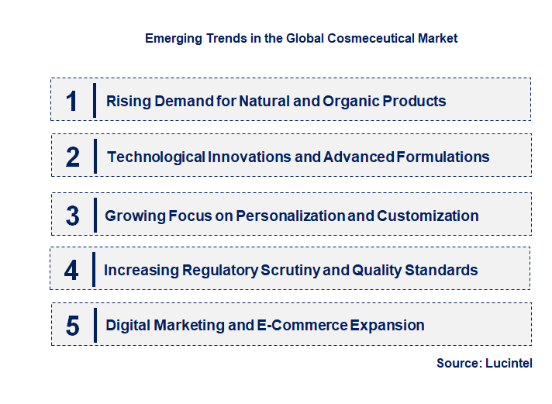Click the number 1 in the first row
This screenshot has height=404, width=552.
[x=72, y=101]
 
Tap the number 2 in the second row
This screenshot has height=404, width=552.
[x=73, y=157]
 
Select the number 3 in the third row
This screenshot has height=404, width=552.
[x=73, y=216]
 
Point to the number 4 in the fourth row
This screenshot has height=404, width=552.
[x=72, y=270]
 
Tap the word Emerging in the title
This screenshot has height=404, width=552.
[x=171, y=38]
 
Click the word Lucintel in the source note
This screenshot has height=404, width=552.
[x=509, y=363]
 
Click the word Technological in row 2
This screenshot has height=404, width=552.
[x=156, y=157]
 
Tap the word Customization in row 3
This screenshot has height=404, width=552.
[x=428, y=216]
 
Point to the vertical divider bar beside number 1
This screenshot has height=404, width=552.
[x=94, y=100]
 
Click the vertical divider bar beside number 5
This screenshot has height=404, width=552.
[x=94, y=325]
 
